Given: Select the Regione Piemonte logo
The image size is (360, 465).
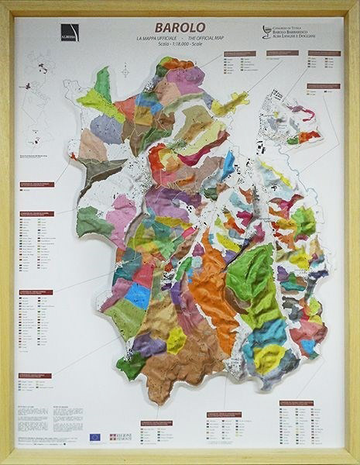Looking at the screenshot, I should (x=119, y=438).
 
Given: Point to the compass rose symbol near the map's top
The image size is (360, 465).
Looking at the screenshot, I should (x=125, y=71).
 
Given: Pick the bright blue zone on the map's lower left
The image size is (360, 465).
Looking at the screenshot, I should (x=138, y=294).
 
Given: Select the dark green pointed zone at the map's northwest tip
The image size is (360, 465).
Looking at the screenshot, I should (x=103, y=83).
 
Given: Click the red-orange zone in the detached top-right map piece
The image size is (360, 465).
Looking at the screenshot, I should (x=308, y=136).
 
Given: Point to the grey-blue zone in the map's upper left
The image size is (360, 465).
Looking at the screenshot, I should (x=107, y=129).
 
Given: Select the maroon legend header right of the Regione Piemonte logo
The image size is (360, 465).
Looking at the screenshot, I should (x=156, y=423).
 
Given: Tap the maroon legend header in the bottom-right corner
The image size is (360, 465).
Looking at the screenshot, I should (x=296, y=403).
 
